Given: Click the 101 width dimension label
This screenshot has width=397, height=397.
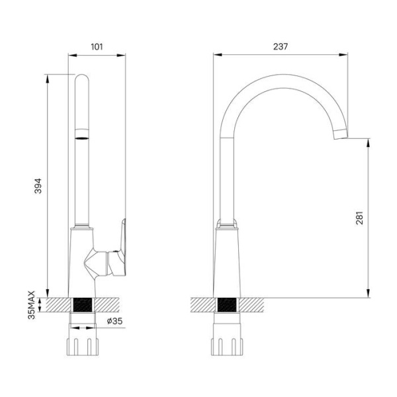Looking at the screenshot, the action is tap(97, 47).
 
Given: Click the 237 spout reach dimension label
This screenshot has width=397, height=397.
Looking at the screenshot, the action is tap(281, 46).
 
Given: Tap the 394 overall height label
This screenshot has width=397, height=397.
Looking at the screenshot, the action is tap(38, 186).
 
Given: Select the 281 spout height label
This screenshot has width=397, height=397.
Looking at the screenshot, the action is tap(359, 218).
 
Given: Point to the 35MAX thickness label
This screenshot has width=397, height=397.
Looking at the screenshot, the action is tap(32, 305).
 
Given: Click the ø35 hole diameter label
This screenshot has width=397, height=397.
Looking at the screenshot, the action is tap(114, 321).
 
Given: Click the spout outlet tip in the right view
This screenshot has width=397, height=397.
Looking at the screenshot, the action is tap(341, 134).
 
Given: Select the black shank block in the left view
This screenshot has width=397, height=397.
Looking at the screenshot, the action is tap(83, 305).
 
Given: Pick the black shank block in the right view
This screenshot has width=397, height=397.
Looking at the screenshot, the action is tap(227, 305).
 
